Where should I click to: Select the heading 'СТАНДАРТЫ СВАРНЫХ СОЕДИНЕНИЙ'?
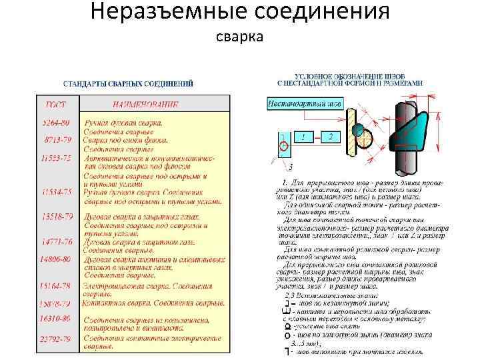pos(128,84)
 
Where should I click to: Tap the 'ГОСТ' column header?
pos(55,105)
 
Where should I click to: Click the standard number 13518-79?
pos(57,217)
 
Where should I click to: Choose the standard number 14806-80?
pos(57,259)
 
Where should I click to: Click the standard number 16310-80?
pos(57,319)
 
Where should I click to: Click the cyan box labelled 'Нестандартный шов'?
pos(305,104)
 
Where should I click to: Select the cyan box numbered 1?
pos(303,137)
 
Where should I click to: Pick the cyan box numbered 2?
pos(329,137)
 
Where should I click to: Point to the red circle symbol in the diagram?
pos(283,145)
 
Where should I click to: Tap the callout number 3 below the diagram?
pos(291,165)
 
